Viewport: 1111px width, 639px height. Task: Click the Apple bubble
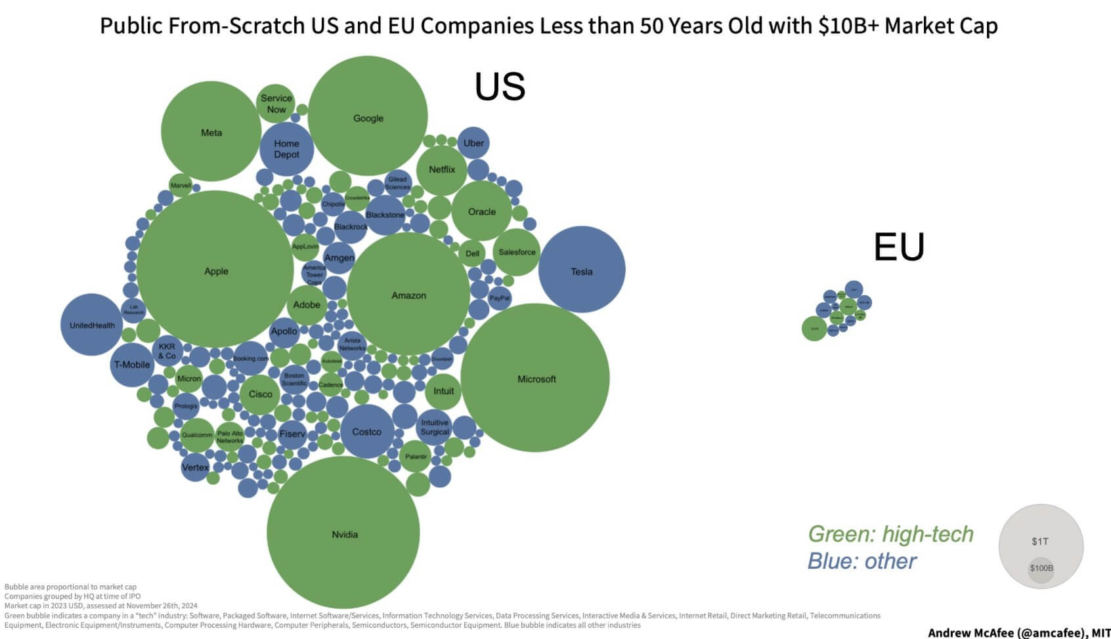click(x=215, y=270)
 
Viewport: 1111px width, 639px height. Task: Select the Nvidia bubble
click(x=343, y=533)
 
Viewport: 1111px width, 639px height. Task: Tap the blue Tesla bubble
click(x=582, y=270)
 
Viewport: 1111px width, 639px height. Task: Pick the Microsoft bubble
click(x=535, y=378)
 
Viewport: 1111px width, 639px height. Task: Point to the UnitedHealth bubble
click(x=92, y=325)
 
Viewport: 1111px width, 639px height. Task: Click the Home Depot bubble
click(x=286, y=149)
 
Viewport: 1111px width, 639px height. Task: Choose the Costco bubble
click(x=366, y=432)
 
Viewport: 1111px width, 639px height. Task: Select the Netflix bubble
click(x=442, y=169)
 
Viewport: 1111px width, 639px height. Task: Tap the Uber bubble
click(x=473, y=143)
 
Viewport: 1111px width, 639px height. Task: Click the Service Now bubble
click(x=276, y=103)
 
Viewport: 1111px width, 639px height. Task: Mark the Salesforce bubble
click(x=517, y=252)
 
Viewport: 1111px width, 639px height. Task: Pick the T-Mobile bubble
click(x=132, y=365)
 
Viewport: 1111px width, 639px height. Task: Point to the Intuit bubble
click(x=443, y=391)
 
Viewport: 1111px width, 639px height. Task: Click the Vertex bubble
click(x=194, y=467)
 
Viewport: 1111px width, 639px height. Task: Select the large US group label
click(x=500, y=87)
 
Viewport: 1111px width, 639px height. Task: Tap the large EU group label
click(x=899, y=247)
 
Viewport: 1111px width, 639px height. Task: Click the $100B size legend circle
click(x=1041, y=569)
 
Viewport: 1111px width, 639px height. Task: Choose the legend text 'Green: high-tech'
click(x=890, y=534)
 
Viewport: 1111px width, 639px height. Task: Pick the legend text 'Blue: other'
click(x=861, y=561)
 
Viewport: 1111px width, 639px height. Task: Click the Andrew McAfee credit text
click(x=1018, y=632)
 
